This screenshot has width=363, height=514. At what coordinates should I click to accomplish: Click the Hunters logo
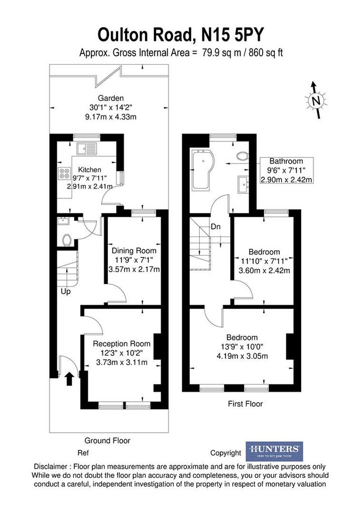[274, 451]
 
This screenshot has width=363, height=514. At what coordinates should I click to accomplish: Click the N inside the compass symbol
[316, 100]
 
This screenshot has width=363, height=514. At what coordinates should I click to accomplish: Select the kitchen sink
[86, 149]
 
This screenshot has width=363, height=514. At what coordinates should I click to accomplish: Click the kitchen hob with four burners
[64, 173]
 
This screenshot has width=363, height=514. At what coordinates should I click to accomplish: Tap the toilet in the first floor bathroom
[242, 156]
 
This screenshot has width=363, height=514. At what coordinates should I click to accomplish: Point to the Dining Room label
[134, 251]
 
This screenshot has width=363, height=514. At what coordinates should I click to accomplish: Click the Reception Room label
[122, 343]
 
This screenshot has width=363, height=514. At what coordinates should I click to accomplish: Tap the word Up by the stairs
[66, 291]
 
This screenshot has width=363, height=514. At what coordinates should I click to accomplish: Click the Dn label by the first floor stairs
[215, 226]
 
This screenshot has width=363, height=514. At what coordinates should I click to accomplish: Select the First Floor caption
[246, 404]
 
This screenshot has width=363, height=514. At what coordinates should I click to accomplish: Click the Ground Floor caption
[107, 441]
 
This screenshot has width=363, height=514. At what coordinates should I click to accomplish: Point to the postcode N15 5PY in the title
[232, 35]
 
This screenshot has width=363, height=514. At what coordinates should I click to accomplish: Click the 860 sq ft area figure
[266, 52]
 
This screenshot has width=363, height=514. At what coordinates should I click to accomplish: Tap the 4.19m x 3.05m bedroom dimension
[243, 356]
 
